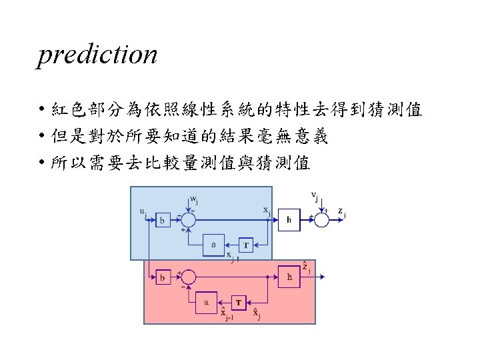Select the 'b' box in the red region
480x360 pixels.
click(x=162, y=277)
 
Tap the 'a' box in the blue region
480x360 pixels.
click(x=214, y=245)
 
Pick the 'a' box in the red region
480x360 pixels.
click(x=207, y=303)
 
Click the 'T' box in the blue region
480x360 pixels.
click(x=245, y=245)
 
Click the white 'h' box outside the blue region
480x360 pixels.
click(x=289, y=219)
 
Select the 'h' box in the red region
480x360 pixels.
click(x=289, y=276)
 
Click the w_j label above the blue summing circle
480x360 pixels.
click(x=193, y=199)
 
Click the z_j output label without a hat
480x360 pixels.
click(x=341, y=211)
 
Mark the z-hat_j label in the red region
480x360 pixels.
click(x=306, y=268)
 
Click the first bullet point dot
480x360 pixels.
click(x=41, y=110)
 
